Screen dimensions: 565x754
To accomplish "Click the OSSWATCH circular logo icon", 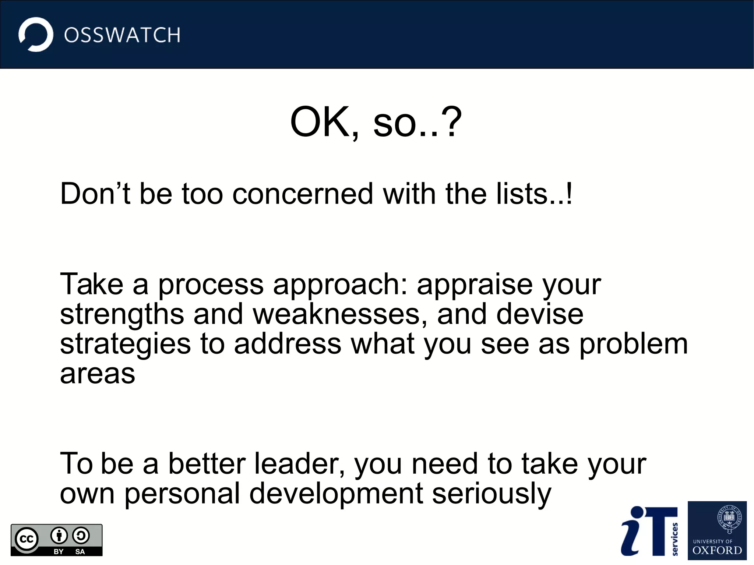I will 36,35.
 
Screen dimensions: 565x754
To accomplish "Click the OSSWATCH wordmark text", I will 122,35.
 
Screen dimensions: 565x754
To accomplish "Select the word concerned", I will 303,194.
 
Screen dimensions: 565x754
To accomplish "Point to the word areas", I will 98,374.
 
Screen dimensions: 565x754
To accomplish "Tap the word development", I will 336,494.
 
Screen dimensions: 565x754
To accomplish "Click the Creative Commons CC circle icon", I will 27,539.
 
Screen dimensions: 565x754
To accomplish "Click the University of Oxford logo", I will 717,530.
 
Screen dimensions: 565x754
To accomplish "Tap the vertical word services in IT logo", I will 674,539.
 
